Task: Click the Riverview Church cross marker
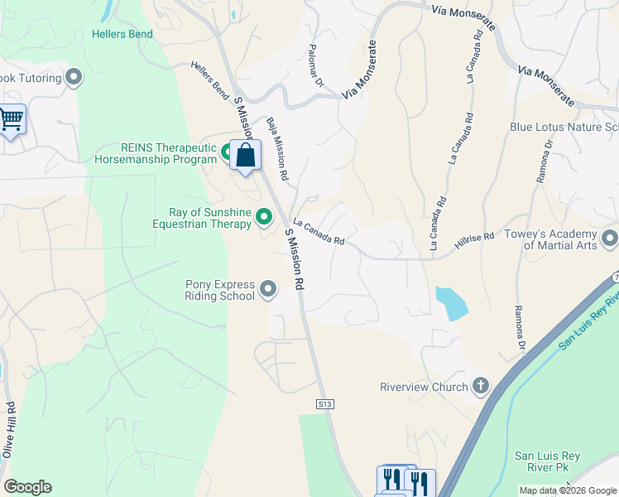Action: pyautogui.click(x=481, y=386)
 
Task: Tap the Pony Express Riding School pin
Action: pyautogui.click(x=268, y=289)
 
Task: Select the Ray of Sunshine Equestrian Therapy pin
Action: pyautogui.click(x=264, y=217)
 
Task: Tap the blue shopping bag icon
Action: pyautogui.click(x=246, y=155)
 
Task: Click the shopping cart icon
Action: pyautogui.click(x=11, y=119)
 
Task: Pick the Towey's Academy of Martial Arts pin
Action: pyautogui.click(x=610, y=239)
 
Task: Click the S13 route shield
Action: pyautogui.click(x=325, y=403)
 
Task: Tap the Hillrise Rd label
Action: pyautogui.click(x=474, y=242)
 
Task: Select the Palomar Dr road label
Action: pyautogui.click(x=314, y=65)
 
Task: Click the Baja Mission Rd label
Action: pyautogui.click(x=276, y=149)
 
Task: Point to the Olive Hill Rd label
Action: pyautogui.click(x=9, y=431)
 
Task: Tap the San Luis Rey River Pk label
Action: pyautogui.click(x=542, y=461)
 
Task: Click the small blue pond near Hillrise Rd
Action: pyautogui.click(x=450, y=303)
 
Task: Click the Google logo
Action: pyautogui.click(x=27, y=487)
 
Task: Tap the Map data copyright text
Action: pyautogui.click(x=567, y=490)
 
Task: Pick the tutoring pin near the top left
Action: pyautogui.click(x=74, y=79)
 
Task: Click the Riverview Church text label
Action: pyautogui.click(x=423, y=387)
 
